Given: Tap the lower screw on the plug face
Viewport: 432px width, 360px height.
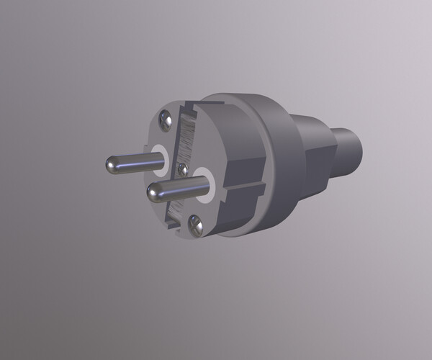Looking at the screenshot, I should pos(195,225).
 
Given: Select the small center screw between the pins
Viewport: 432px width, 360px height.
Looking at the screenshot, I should pos(182,169).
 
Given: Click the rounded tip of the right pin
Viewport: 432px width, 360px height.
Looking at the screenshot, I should pos(153,192).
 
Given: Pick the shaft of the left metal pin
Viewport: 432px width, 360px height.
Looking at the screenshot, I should pos(130,163).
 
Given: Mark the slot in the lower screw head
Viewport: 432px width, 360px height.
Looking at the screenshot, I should pos(195,225).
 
